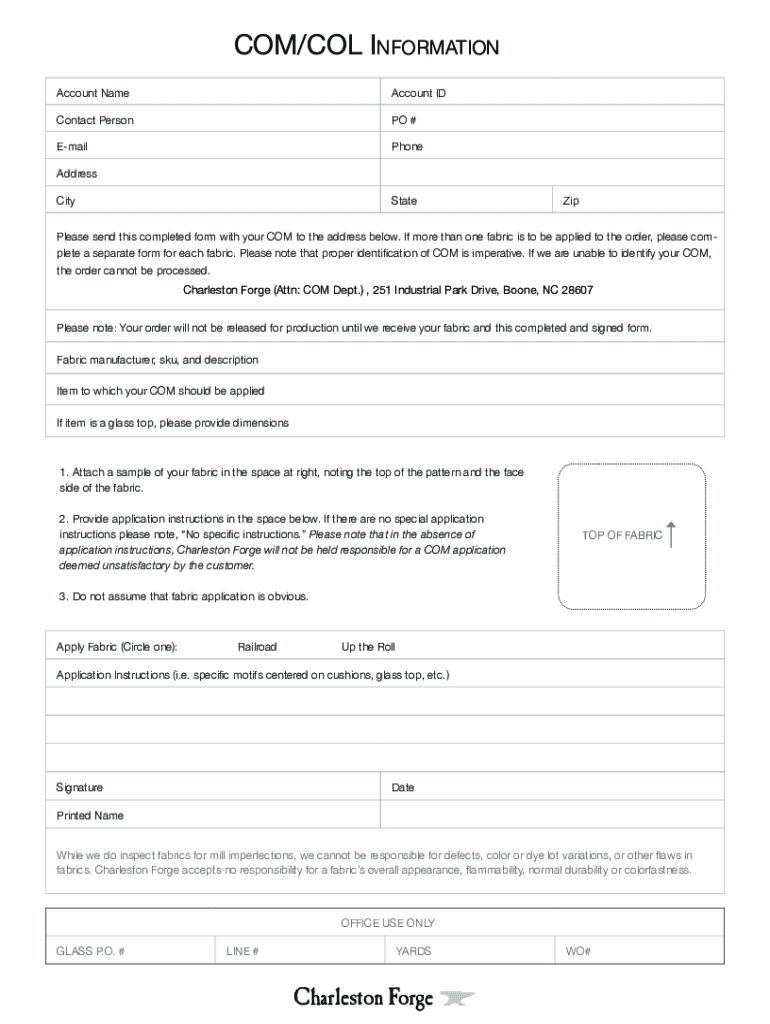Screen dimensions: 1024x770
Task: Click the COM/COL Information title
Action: [365, 47]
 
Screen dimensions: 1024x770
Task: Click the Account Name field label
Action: [93, 93]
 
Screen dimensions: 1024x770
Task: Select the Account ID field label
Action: [418, 93]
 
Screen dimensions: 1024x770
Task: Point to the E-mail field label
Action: [79, 146]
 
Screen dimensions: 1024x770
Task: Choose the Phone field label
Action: [407, 146]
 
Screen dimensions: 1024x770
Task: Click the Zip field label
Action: [571, 201]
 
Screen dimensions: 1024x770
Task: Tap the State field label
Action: [404, 201]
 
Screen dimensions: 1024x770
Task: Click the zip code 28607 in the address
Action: [577, 290]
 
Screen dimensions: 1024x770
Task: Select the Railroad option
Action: [257, 647]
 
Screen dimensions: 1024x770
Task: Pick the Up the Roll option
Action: [368, 647]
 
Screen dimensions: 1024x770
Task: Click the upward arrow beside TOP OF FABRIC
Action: [673, 534]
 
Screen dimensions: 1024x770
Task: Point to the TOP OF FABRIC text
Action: [622, 535]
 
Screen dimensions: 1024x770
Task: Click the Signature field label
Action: [79, 788]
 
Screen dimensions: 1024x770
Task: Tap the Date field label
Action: [403, 788]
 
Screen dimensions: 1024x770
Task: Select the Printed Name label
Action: [90, 816]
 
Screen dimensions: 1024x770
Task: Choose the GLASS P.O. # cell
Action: [90, 951]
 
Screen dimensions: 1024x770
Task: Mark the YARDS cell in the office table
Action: [413, 951]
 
